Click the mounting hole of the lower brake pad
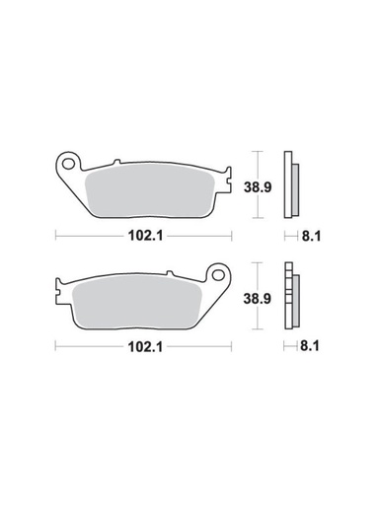[x=219, y=275]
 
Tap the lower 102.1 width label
[x=144, y=347]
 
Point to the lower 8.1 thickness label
[x=308, y=347]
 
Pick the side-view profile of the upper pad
[x=290, y=185]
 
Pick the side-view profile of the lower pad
[x=290, y=297]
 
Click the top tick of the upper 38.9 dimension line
[x=257, y=151]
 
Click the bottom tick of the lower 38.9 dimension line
[x=257, y=331]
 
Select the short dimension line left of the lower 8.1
[x=289, y=347]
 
